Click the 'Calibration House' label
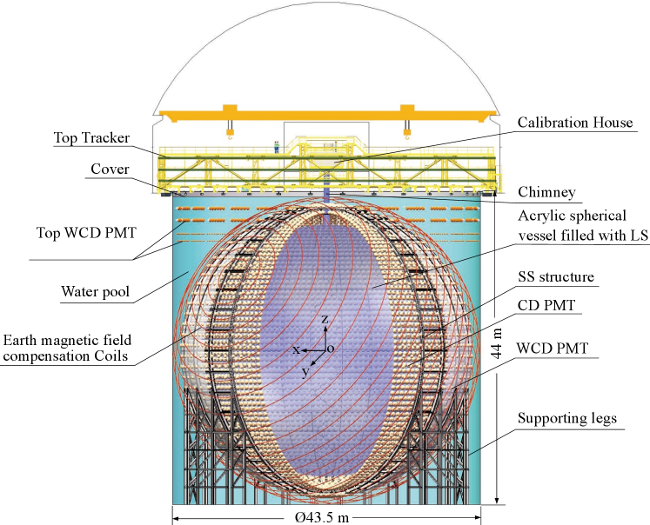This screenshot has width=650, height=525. (574, 123)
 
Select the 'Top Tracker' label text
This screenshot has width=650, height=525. (91, 138)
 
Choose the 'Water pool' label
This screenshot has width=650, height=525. (96, 292)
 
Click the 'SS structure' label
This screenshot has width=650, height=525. (556, 277)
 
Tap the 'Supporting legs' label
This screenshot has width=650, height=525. (567, 419)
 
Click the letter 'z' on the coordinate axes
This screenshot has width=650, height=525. (325, 320)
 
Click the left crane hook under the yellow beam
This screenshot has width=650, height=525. (231, 132)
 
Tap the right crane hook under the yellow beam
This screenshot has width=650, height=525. (406, 132)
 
